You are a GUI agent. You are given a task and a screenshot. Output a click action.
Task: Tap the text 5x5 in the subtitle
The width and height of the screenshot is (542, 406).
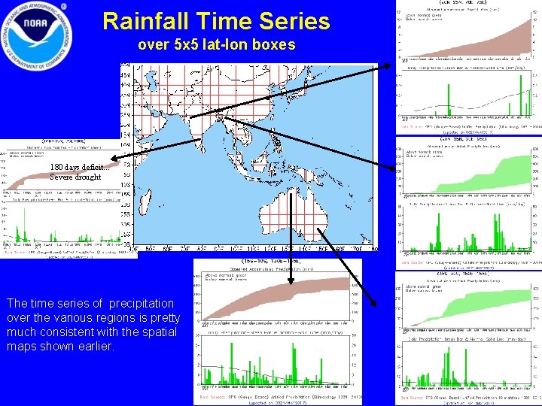coord(186,45)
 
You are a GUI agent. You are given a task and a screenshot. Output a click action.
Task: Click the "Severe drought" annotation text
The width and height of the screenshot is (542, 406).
coord(75,177)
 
